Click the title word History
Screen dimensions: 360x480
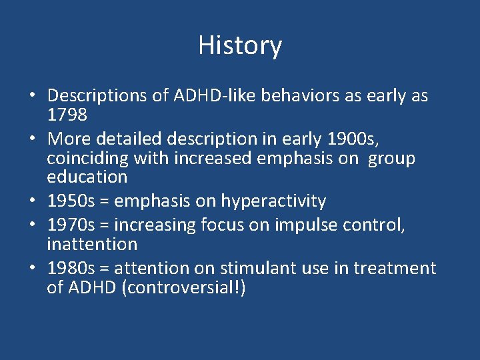point(240,46)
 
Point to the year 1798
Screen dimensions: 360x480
point(67,115)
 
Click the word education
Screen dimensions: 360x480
point(87,177)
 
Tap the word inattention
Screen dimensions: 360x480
point(92,244)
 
